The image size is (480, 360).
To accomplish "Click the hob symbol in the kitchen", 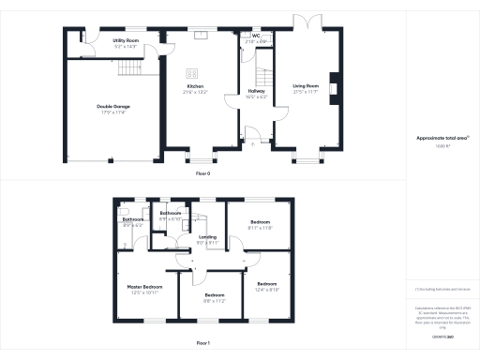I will [191, 74].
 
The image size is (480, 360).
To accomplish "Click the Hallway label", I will [256, 91].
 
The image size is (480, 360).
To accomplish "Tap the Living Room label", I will [306, 86].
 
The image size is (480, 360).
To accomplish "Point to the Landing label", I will [207, 237].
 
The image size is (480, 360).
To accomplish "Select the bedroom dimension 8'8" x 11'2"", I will [215, 301].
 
